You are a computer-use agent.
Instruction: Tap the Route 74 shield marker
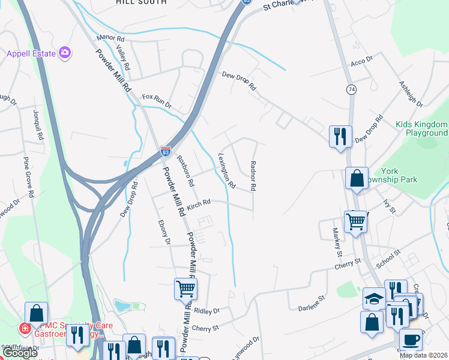(351, 89)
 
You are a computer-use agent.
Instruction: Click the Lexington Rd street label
(226, 170)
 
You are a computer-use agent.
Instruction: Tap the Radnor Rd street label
(253, 176)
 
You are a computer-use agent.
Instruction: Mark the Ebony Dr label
(164, 233)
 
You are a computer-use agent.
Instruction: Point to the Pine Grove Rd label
(27, 178)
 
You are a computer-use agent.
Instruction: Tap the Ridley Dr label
(207, 310)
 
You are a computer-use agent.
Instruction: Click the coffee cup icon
(411, 340)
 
